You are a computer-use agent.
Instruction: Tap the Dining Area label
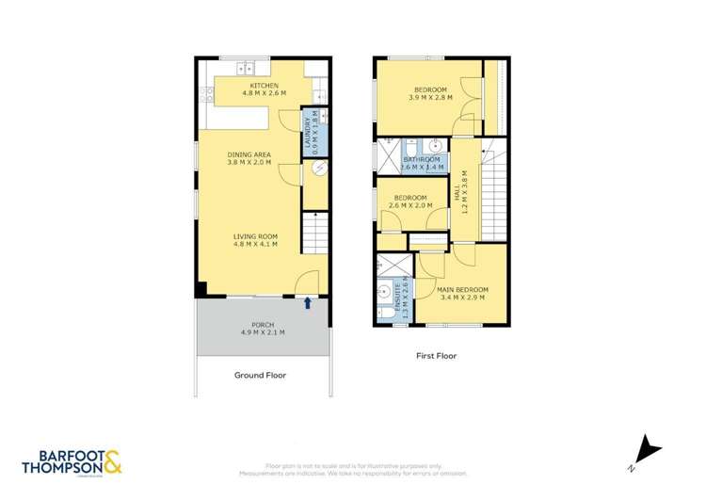[249, 157]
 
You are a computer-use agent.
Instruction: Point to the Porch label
[264, 328]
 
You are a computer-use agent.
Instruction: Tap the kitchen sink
[248, 68]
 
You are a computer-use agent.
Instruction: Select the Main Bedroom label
[462, 293]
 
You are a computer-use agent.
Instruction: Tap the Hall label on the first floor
[461, 193]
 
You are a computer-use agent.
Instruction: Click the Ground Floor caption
[260, 375]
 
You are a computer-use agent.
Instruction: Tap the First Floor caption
[436, 357]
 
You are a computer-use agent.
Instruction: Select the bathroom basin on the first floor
[436, 147]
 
